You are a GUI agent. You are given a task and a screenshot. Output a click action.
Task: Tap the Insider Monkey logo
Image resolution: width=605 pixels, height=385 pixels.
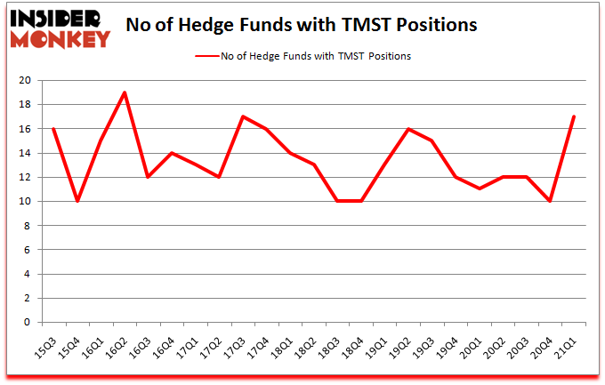tap(60, 28)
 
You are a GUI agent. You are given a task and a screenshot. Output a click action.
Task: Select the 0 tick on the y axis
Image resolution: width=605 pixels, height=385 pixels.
tap(28, 323)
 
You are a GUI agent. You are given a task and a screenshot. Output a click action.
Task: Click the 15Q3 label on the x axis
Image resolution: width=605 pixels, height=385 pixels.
tap(52, 341)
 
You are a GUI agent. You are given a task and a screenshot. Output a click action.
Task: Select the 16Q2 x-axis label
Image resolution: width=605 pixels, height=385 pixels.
tap(125, 341)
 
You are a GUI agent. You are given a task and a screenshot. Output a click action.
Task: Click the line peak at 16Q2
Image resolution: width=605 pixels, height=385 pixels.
tap(125, 92)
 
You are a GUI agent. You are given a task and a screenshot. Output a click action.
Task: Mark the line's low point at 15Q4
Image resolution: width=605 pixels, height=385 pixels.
tap(77, 201)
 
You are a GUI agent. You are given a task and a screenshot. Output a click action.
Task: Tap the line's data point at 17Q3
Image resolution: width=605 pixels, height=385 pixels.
tap(243, 116)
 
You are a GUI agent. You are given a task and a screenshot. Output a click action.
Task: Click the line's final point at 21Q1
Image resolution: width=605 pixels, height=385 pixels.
tap(574, 116)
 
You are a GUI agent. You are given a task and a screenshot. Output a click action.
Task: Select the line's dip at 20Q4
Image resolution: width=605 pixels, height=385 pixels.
tap(550, 201)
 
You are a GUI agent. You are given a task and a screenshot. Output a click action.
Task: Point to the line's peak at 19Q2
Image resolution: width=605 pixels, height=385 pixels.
tap(408, 129)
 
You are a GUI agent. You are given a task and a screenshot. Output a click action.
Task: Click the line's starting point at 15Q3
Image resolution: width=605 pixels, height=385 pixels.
tap(53, 129)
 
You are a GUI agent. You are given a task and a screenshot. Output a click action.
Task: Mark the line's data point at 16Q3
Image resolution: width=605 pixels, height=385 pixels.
tap(149, 177)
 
